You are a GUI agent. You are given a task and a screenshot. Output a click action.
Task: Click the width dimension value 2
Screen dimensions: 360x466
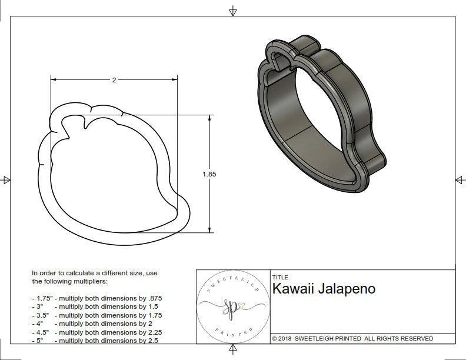tap(114, 80)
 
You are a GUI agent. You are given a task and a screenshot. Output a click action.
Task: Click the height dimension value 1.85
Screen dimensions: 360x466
tap(208, 174)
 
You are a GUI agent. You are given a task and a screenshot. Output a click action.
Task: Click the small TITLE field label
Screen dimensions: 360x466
tap(279, 277)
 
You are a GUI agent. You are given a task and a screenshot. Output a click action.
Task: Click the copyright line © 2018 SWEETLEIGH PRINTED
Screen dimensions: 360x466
tap(352, 338)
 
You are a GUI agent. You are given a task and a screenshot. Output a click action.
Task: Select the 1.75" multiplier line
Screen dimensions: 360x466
tap(96, 298)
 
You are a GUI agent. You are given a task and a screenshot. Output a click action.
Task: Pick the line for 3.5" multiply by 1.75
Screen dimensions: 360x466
tap(96, 315)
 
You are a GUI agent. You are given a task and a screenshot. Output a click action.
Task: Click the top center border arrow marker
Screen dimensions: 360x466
tap(233, 11)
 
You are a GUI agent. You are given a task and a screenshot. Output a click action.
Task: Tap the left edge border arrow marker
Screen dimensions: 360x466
tap(6, 179)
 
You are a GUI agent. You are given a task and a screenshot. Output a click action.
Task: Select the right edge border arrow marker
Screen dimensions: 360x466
tap(460, 179)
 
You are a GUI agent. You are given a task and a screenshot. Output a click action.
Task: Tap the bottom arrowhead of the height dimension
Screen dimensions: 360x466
tap(209, 230)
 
